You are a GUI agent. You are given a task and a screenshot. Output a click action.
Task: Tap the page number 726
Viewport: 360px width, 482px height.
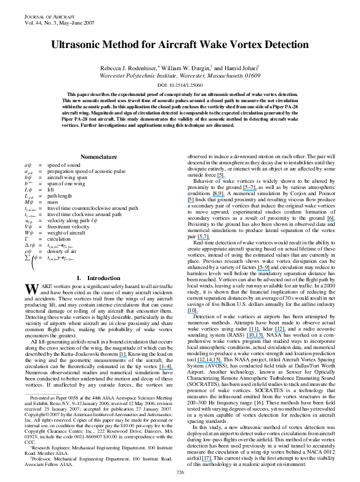pos(180,472)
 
